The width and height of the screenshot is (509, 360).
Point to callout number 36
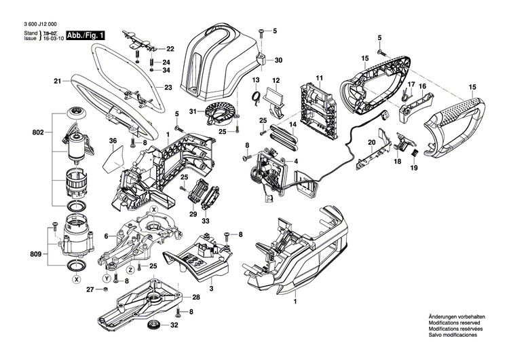point(113,141)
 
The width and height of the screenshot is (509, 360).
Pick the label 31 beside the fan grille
point(192,112)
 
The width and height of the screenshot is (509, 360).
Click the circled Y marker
point(106,278)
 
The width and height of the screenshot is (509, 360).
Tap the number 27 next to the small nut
point(90,290)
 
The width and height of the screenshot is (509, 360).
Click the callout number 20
point(371,142)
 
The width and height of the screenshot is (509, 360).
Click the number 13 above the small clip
point(257,81)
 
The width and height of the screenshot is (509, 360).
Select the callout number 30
point(278,60)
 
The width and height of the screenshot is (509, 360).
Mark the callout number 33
point(206,221)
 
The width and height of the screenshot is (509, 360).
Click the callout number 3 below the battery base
point(211,289)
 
